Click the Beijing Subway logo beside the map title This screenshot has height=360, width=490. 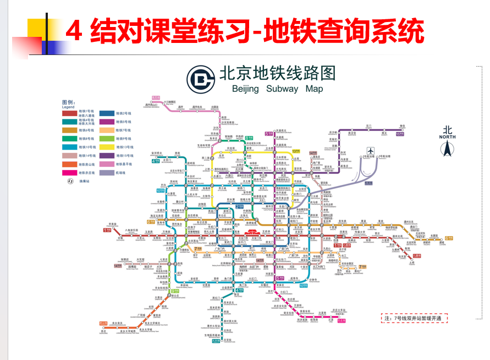201,80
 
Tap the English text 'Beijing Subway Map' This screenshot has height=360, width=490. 273,89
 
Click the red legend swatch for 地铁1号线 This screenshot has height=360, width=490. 69,113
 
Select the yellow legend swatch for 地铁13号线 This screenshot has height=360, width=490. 107,148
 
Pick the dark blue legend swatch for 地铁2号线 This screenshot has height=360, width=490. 107,113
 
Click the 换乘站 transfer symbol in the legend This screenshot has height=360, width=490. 70,181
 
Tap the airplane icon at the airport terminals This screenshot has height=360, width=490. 370,150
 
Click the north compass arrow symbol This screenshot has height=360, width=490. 447,148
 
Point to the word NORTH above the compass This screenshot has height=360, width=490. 447,137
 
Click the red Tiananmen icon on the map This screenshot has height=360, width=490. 254,233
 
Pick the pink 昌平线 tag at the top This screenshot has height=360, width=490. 156,97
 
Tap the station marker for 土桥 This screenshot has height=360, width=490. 412,259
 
